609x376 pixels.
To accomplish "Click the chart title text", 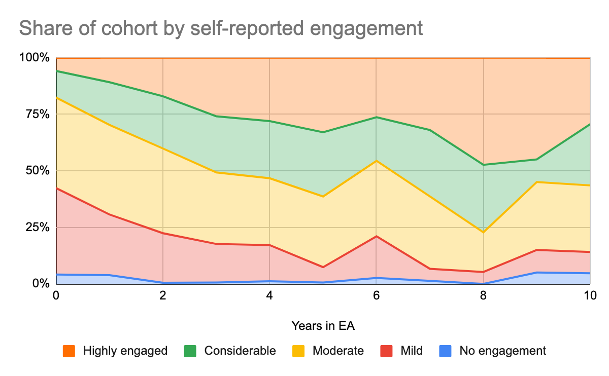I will point(221,28).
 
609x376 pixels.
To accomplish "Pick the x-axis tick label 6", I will point(376,295).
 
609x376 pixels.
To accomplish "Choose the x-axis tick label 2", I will point(162,295).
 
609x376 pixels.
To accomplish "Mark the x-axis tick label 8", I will point(483,295).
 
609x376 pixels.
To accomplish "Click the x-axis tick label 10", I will point(589,295).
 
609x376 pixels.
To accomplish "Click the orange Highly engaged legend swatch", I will point(69,351).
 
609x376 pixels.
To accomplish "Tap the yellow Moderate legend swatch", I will point(298,351).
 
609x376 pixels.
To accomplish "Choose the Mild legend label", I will point(411,351).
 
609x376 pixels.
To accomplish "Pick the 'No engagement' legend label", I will point(502,351).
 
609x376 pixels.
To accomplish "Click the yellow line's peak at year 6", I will point(376,161).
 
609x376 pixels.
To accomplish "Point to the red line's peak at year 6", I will point(376,236).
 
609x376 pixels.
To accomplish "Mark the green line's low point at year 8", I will point(483,165).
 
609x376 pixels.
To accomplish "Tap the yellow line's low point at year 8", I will point(483,232).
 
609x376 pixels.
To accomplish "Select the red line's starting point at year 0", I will point(56,188).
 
